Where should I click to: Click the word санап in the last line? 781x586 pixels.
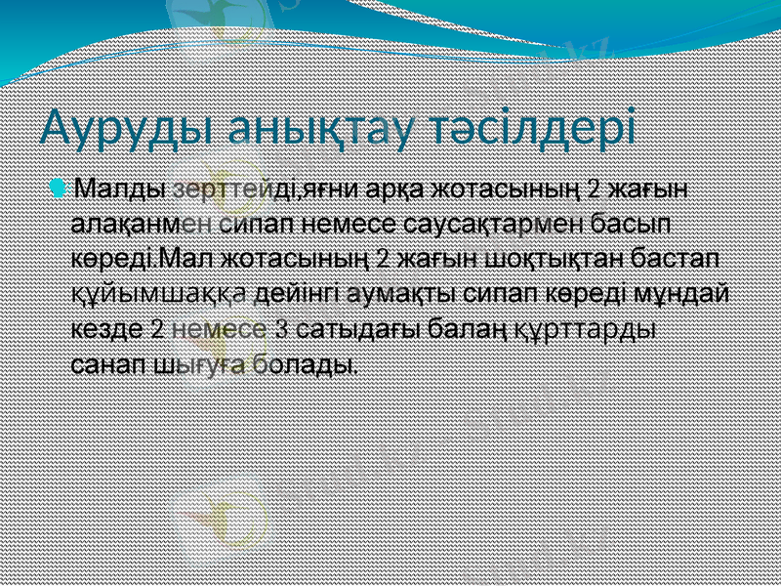pos(108,365)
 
